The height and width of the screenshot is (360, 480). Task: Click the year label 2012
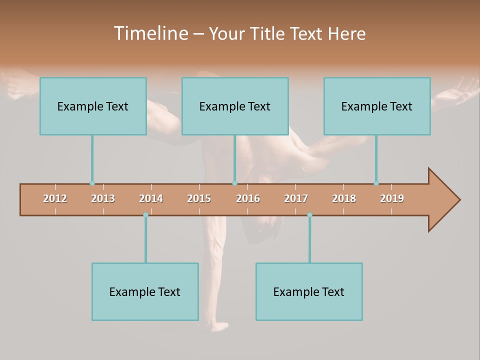(55, 198)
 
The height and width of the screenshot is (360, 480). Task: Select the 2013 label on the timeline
(103, 198)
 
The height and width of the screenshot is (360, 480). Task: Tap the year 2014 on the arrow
(151, 198)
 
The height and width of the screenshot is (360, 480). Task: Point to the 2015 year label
(199, 198)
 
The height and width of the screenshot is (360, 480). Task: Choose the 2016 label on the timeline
(248, 198)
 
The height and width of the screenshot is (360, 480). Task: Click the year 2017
(296, 198)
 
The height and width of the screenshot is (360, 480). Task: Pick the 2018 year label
(344, 198)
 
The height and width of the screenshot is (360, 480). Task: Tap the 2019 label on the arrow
(392, 198)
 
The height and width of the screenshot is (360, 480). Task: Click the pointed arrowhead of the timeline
(445, 200)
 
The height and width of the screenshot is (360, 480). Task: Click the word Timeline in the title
(150, 33)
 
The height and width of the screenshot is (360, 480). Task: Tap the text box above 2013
(93, 106)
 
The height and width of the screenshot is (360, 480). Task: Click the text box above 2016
(235, 106)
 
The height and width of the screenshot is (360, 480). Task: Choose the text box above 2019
(377, 106)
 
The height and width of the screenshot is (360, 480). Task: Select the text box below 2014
(145, 291)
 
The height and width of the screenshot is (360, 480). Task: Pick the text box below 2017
(309, 291)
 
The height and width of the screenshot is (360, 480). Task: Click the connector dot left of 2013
(92, 183)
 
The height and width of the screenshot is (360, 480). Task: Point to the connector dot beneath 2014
(145, 215)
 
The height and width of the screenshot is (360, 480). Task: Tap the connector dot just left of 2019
(376, 183)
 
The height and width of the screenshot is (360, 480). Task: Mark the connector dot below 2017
(309, 215)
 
